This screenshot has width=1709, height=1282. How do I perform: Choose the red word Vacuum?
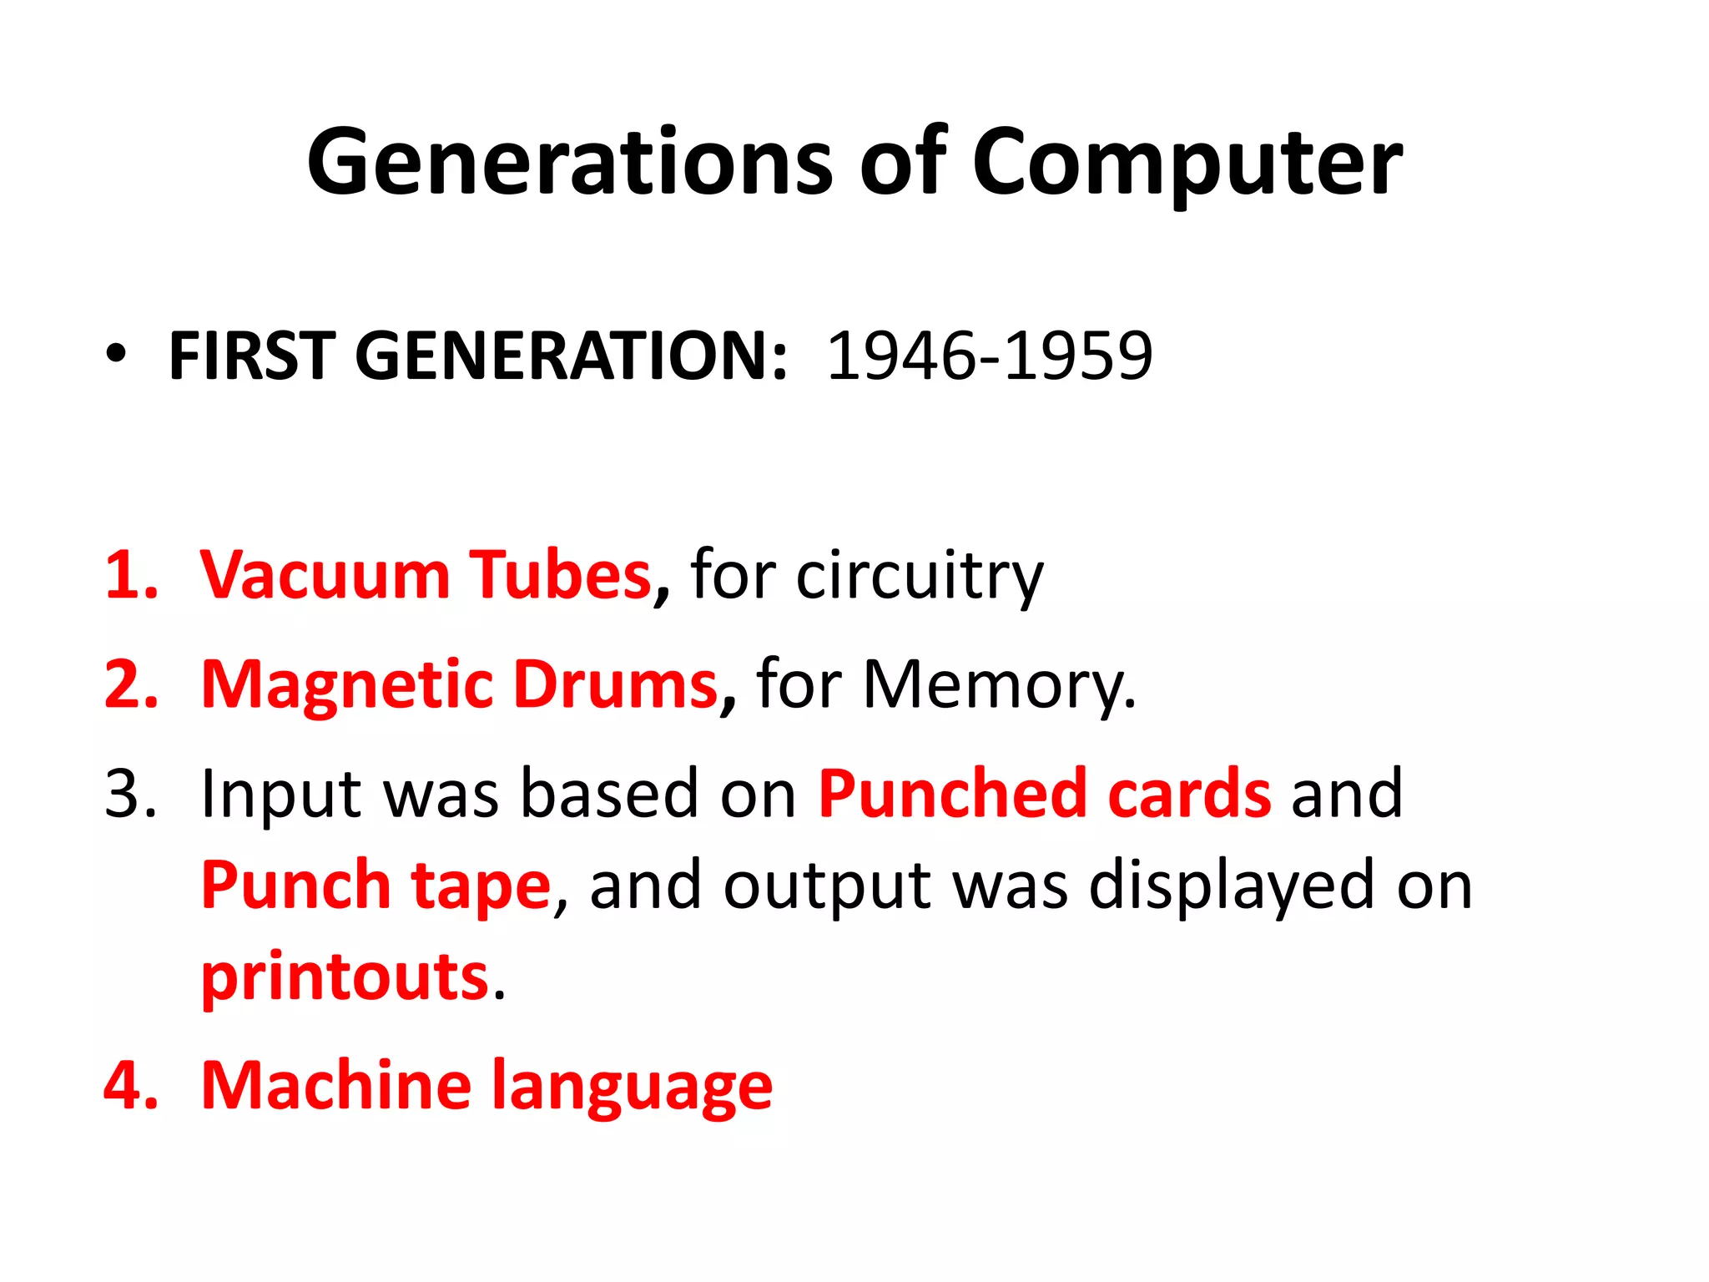coord(325,575)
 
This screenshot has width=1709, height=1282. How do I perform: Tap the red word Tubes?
coord(560,575)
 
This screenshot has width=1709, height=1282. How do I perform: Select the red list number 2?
coord(131,684)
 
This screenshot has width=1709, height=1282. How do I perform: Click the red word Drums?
coord(616,684)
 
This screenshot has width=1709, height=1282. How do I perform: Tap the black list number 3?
coord(129,793)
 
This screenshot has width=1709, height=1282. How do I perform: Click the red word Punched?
coord(951,793)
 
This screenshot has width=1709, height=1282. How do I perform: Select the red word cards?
coord(1189,793)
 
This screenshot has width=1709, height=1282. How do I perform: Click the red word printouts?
coord(345,977)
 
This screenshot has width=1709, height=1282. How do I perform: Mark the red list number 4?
coord(131,1085)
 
